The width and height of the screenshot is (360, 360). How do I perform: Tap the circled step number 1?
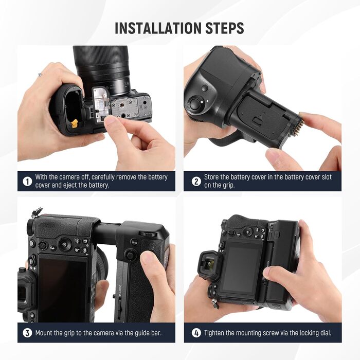pos(27,181)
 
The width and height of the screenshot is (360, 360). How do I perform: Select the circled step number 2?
pos(195,181)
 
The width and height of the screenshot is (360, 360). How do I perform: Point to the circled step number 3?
pos(27,333)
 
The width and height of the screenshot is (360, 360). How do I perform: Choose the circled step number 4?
pos(195,333)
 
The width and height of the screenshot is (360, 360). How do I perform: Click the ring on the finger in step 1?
pos(39,75)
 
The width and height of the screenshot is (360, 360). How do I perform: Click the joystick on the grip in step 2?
pos(195,104)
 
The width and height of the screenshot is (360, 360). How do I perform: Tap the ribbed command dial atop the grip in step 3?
pos(150,233)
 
